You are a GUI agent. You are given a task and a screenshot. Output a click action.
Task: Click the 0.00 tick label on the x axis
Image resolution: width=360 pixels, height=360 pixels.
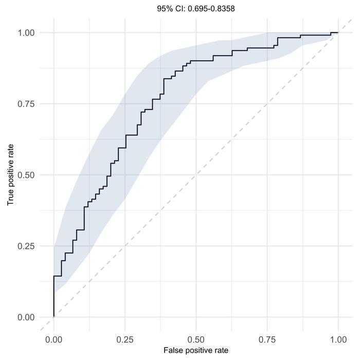(53, 340)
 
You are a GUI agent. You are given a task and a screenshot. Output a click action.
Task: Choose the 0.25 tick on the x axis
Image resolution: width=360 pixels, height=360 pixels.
(124, 340)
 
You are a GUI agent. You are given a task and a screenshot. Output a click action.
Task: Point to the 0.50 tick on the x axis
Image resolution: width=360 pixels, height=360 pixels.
(196, 340)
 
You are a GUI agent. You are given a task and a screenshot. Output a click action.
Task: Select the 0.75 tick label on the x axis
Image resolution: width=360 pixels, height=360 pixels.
(267, 340)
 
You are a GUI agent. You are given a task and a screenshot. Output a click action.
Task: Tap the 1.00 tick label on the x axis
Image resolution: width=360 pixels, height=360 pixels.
(338, 340)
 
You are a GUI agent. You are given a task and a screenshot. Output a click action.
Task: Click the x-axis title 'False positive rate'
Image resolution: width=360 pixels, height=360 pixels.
(196, 351)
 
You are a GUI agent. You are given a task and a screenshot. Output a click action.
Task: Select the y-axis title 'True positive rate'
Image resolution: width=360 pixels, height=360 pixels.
(10, 175)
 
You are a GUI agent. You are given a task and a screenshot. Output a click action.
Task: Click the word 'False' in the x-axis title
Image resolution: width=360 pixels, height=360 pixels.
(173, 351)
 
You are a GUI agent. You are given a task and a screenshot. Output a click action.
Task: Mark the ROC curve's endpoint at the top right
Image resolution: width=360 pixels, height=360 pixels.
(338, 32)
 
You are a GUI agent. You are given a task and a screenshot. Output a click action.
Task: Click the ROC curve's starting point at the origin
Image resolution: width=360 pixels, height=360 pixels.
(53, 317)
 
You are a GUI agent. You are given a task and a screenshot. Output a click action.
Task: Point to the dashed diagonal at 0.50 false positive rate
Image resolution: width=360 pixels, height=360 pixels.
(196, 175)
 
